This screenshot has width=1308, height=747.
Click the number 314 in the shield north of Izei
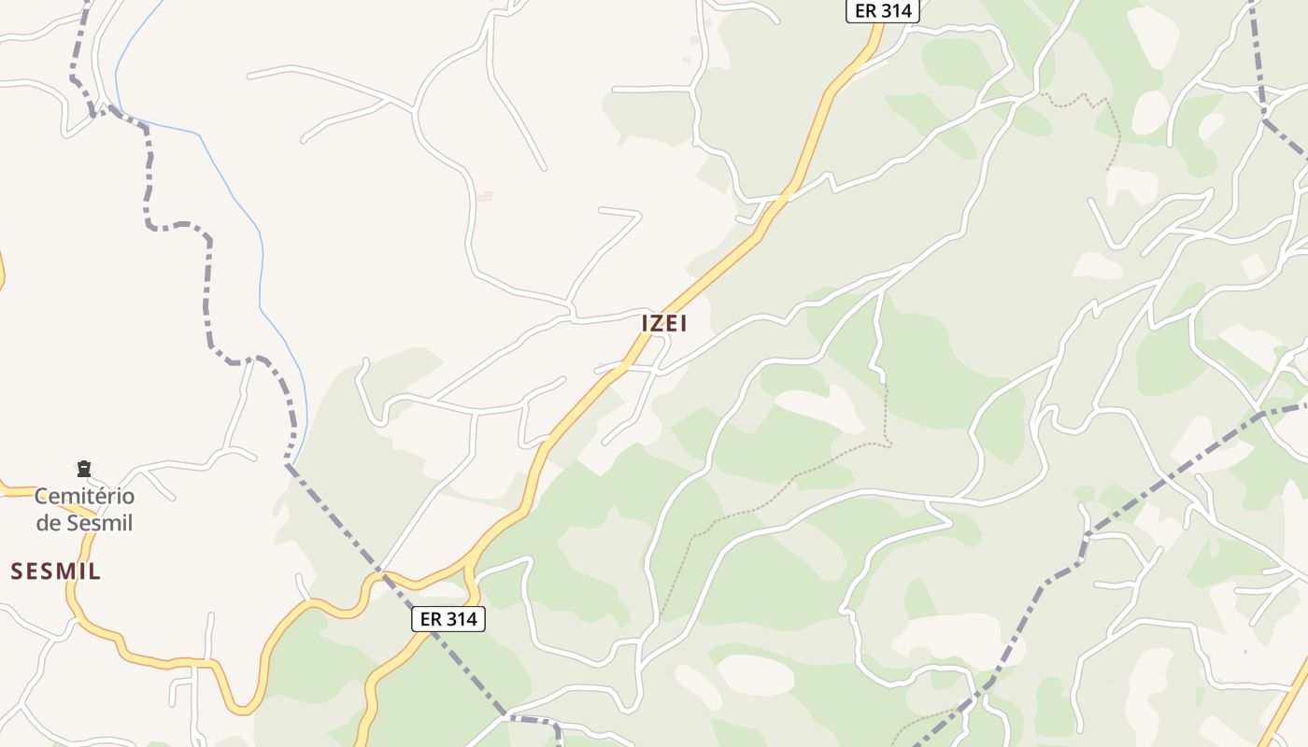click(x=895, y=11)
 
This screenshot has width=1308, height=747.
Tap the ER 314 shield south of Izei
click(x=448, y=618)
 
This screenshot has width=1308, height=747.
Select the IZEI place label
click(x=664, y=323)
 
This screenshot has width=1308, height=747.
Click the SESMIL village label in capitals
click(x=56, y=571)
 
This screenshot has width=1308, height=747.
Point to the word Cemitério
click(x=84, y=496)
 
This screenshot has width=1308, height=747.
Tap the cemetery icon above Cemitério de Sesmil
click(x=84, y=468)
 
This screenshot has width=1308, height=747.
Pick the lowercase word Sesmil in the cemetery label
click(x=99, y=523)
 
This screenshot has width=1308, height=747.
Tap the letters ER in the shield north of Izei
click(x=865, y=11)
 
